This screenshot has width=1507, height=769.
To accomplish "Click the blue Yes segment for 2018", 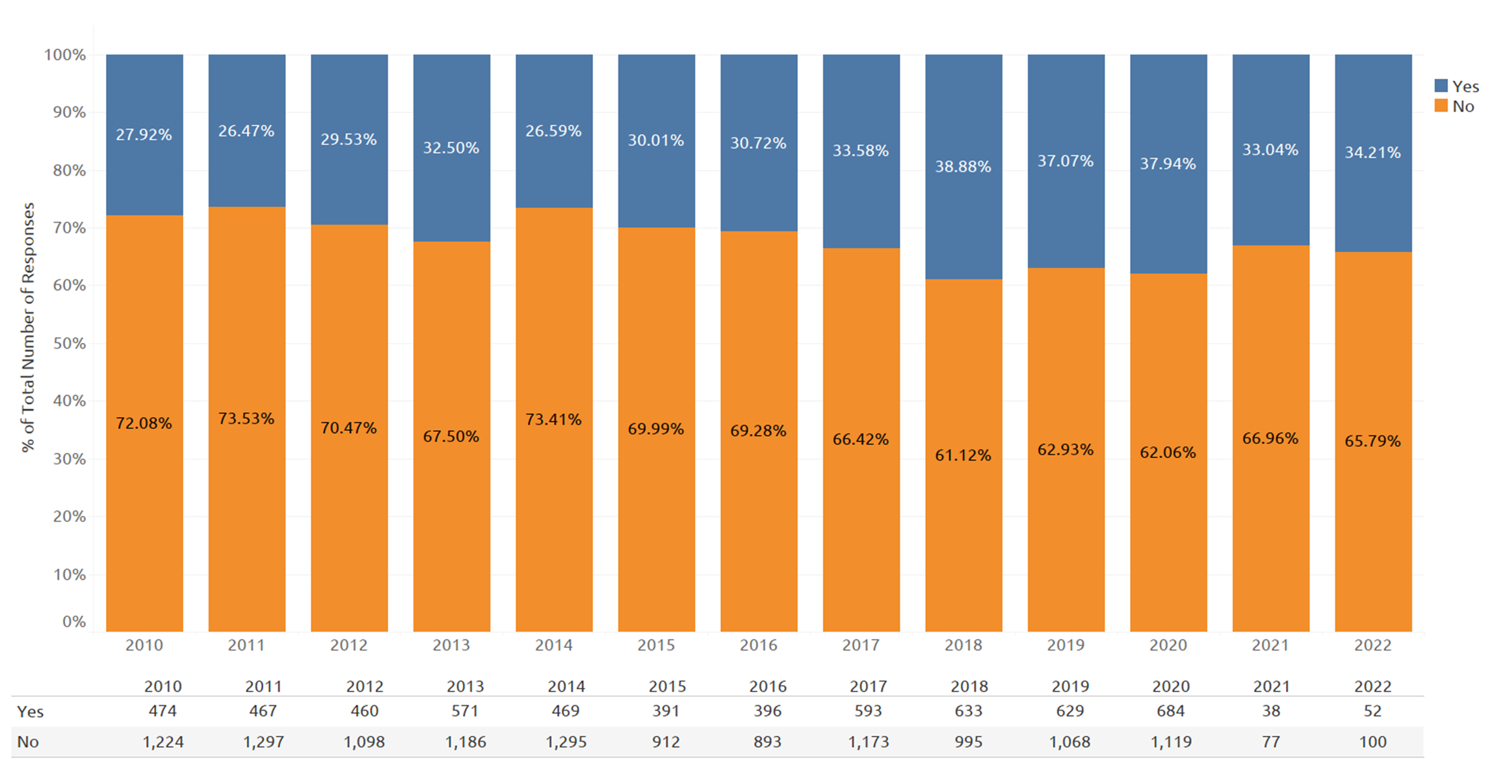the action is pos(963,167).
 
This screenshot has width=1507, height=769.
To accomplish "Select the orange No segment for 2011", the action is pos(246,419).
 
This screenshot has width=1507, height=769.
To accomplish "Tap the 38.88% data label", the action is pos(963,167).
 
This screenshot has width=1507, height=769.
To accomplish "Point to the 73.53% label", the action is pos(246,418).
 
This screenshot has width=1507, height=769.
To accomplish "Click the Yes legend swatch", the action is pos(1441,86).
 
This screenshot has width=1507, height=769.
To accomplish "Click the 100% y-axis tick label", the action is pos(65,55).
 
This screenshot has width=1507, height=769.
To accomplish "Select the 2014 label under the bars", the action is pos(554,645).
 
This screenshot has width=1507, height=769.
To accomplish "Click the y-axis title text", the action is pos(28,327).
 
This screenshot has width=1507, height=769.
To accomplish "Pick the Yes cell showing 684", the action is pos(1170,711).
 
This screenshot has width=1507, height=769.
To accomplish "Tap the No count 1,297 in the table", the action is pos(263,742).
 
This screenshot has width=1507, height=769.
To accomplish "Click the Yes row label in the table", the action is pos(30,712).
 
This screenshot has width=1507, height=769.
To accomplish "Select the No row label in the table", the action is pos(28,742).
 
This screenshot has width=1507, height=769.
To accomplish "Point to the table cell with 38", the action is pos(1271,711).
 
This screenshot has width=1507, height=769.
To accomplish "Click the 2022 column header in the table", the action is pos(1372,686).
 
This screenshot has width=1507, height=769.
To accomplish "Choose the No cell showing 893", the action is pos(767,742).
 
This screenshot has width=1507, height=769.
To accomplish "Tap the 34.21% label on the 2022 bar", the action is pos(1372,152).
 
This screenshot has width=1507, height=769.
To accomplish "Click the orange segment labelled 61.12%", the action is pos(963,455).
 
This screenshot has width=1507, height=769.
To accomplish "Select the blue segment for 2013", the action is pos(452,148).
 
